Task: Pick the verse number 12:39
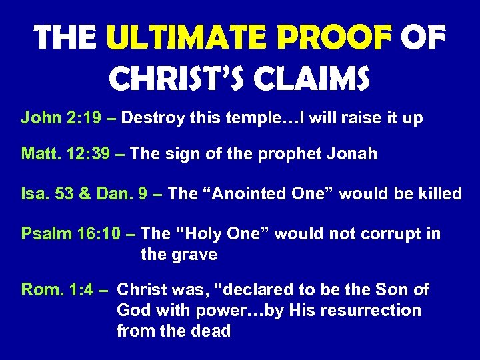94,155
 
